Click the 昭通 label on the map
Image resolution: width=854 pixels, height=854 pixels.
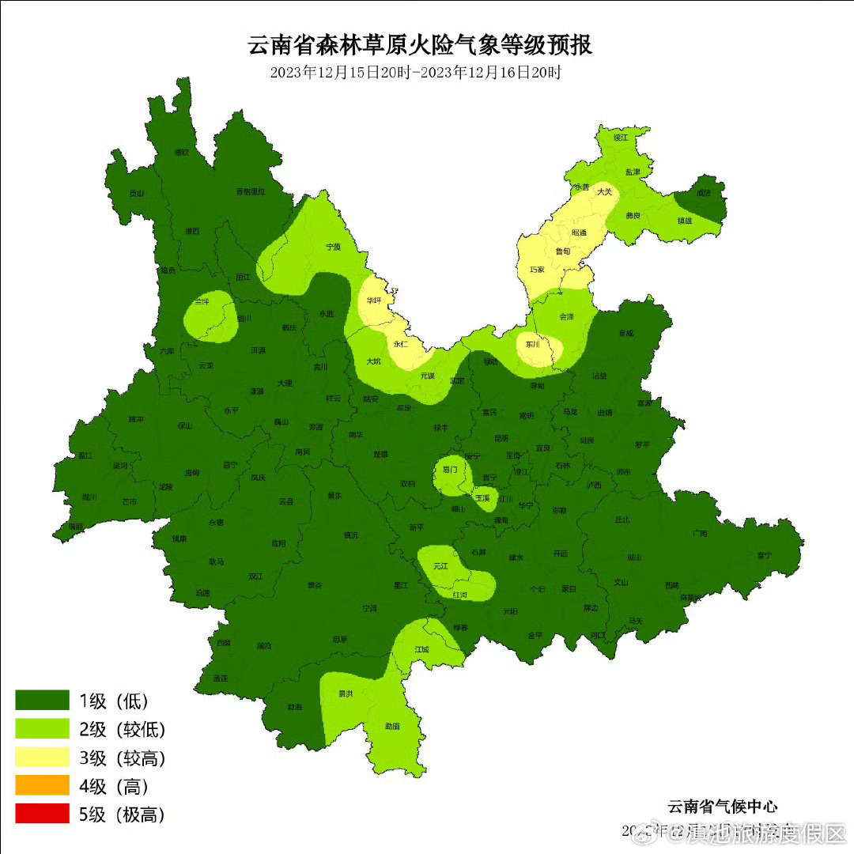coord(579,232)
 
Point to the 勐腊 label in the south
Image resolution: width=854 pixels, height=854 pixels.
coord(391,725)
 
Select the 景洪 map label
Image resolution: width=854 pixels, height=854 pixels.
coord(346,693)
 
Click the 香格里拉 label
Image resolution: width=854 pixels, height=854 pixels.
coord(251,191)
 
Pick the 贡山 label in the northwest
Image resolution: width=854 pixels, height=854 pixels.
coord(137,193)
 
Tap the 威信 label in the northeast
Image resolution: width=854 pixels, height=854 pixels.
coord(703,193)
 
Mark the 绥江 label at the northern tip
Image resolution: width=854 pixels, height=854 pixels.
coord(620,138)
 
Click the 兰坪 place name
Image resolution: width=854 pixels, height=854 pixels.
coord(202,302)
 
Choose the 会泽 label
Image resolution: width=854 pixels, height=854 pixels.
coord(566,316)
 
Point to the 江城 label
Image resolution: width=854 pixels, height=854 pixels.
coord(421,649)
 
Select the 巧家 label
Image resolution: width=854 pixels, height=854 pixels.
coord(536,270)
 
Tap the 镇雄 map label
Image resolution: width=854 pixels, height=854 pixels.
coord(684,221)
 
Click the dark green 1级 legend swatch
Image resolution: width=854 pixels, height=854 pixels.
coord(43,701)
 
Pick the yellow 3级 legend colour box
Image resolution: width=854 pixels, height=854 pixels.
coord(43,758)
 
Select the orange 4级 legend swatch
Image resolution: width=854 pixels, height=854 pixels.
coord(43,785)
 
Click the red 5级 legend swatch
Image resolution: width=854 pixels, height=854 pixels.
coord(43,814)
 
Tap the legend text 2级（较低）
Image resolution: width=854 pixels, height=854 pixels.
coord(122,729)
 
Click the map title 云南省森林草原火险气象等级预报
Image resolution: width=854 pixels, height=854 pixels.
coord(420,45)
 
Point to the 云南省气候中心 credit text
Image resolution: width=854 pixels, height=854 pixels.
coord(722,807)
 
